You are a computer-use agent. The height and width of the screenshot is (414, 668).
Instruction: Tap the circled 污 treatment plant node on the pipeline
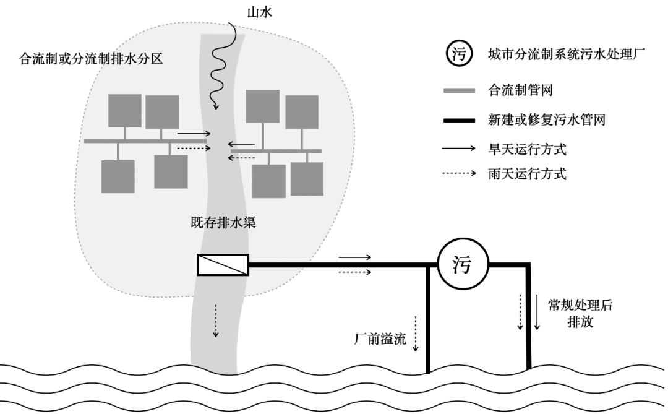point(463,265)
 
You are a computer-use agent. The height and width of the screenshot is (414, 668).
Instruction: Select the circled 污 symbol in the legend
point(458,55)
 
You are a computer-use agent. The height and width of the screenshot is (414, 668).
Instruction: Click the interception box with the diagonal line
point(223,265)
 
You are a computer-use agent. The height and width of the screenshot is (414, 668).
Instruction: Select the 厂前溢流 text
point(379,339)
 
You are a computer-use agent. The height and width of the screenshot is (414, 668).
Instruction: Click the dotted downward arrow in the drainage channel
point(216,321)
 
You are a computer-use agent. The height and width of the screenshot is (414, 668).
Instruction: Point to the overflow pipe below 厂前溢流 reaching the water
point(427,322)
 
